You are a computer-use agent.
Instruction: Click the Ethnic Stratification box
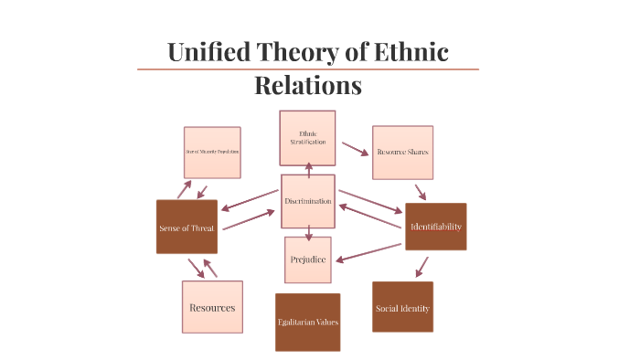point(307,138)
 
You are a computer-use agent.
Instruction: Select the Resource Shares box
point(402,152)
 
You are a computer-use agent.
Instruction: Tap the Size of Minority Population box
point(212,152)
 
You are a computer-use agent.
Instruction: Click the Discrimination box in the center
point(308,201)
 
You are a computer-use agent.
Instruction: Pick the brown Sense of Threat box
point(187,227)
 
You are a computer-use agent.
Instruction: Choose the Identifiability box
point(436,226)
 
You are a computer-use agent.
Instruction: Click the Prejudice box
point(308,259)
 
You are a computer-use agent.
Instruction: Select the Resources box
point(212,307)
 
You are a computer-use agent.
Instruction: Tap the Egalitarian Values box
point(308,322)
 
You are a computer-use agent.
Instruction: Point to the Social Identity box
point(402,308)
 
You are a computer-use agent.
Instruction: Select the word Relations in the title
point(308,85)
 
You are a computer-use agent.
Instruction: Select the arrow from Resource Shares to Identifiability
point(421,193)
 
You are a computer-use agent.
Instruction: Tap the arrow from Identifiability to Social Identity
point(421,266)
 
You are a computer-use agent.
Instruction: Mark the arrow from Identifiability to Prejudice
point(369,252)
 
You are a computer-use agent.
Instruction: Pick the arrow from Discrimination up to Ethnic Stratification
point(309,168)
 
